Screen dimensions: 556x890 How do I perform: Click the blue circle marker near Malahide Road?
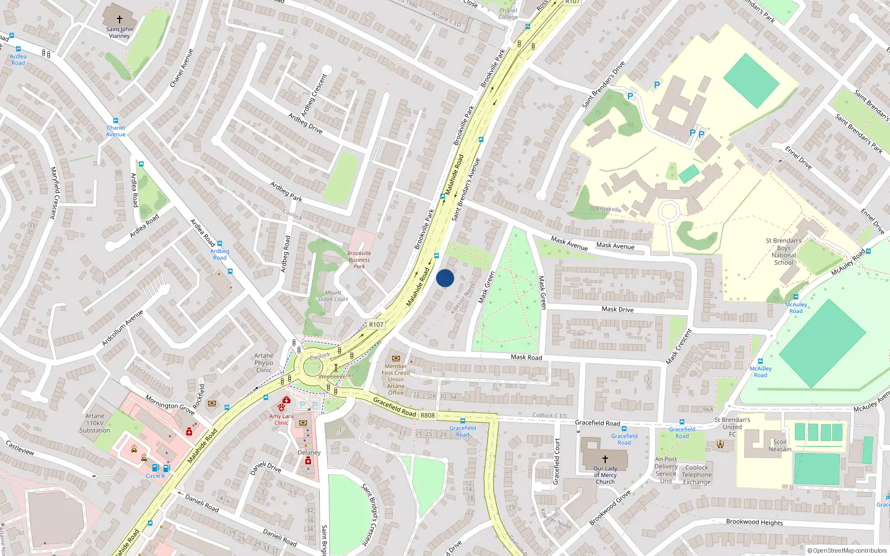[x=445, y=278]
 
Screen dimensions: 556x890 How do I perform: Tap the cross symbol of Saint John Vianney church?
[x=119, y=19]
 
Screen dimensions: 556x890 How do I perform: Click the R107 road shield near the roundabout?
[x=376, y=325]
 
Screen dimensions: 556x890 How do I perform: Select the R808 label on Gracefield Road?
[x=428, y=415]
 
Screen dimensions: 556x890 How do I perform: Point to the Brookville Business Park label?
[x=359, y=260]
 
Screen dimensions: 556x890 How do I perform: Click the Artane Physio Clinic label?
[x=264, y=363]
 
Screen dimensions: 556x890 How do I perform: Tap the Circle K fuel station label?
[x=155, y=476]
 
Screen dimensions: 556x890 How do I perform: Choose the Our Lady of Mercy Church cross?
[x=605, y=459]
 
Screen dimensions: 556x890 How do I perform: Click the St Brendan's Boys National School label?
[x=783, y=252]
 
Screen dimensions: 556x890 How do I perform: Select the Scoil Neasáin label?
[x=780, y=445]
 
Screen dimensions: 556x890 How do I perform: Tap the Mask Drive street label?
[x=617, y=309]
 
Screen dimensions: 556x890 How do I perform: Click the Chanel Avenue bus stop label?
[x=116, y=131]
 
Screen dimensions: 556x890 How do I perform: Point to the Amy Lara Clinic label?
[x=281, y=419]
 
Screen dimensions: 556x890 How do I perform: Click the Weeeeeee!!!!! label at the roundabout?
[x=335, y=376]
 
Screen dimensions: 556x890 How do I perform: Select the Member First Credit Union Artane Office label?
[x=395, y=380]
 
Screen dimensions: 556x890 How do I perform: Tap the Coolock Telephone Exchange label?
[x=696, y=475]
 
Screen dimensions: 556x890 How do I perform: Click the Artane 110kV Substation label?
[x=95, y=423]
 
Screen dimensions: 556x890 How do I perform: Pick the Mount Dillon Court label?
[x=333, y=296]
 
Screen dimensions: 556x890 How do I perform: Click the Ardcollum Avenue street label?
[x=122, y=328]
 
